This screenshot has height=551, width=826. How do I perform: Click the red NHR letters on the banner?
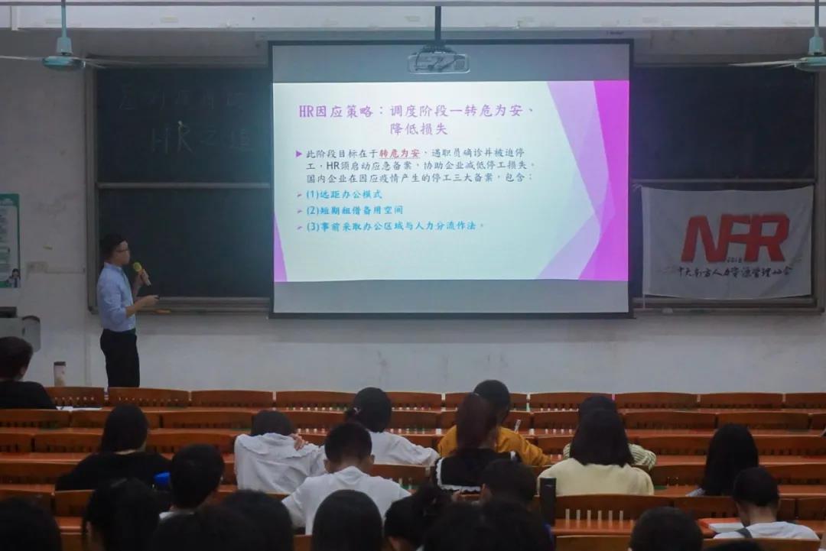[x=734, y=238]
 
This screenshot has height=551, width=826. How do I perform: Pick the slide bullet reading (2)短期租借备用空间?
[x=354, y=210]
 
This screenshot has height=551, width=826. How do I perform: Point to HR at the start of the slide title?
[x=307, y=111]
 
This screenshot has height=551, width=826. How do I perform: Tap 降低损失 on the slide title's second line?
[x=418, y=128]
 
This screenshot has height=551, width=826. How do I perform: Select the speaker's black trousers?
[x=121, y=357]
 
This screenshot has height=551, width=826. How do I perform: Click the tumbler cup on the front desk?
[x=60, y=373]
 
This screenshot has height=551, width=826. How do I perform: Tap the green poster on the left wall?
[x=8, y=240]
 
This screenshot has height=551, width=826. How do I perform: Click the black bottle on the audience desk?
[x=547, y=500]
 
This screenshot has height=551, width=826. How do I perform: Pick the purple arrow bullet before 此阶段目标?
[x=299, y=154]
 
